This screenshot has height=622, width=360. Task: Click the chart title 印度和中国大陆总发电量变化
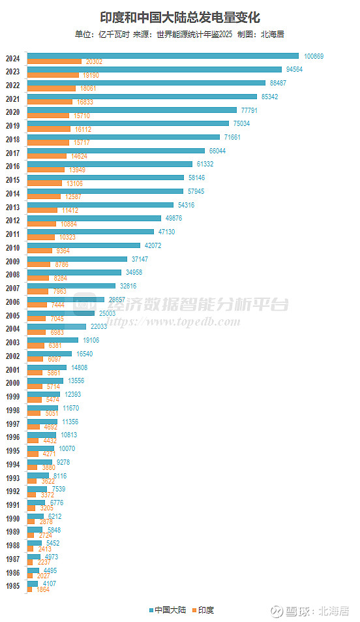[180, 18]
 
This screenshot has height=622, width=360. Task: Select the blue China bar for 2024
[162, 56]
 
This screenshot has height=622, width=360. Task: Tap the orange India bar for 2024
[54, 61]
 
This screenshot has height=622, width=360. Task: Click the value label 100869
[314, 56]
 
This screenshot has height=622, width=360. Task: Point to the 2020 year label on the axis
[12, 112]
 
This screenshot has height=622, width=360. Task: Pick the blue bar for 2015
[106, 178]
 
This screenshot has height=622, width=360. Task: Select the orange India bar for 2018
[48, 142]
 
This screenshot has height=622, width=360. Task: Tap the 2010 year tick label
[12, 248]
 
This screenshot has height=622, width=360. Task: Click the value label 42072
[152, 245]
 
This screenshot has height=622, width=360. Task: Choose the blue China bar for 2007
[72, 286]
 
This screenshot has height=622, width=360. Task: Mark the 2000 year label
[12, 383]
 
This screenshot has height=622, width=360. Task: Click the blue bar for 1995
[40, 448]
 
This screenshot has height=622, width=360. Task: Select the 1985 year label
[12, 586]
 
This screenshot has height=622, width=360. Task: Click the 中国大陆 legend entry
[168, 610]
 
